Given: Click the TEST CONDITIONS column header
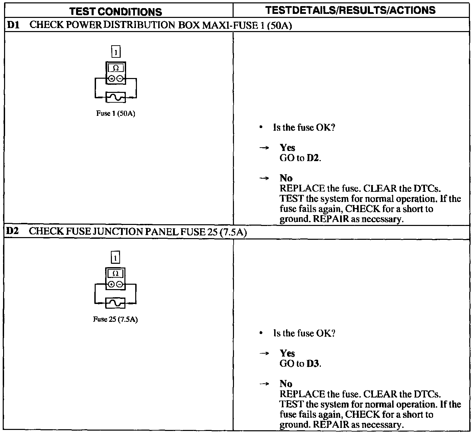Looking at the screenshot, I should click(116, 12).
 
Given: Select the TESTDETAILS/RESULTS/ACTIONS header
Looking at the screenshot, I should click(351, 10).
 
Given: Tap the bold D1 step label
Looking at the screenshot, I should click(13, 25).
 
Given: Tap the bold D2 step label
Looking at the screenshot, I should click(13, 232).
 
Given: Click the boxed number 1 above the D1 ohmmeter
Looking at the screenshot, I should click(116, 52).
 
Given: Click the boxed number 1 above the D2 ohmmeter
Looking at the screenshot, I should click(115, 258).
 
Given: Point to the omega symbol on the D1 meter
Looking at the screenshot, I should click(116, 68).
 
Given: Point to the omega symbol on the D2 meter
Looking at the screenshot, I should click(115, 274).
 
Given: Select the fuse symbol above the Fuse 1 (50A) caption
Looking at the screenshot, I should click(116, 97).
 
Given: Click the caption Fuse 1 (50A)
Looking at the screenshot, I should click(116, 113).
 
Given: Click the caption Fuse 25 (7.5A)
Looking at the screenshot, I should click(115, 319).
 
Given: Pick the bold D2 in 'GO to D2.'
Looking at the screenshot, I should click(313, 158).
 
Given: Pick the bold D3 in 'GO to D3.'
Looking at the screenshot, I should click(313, 364).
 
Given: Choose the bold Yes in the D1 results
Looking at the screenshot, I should click(287, 148).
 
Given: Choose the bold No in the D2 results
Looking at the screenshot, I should click(286, 384).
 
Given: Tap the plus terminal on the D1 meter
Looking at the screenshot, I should click(112, 79).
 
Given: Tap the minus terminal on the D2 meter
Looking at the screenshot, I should click(120, 284).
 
